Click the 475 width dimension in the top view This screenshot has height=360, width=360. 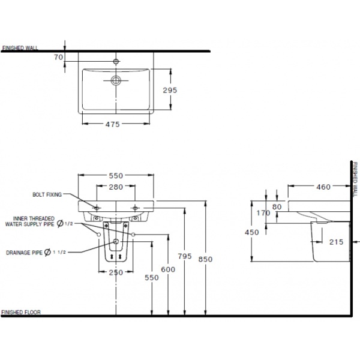click(114, 124)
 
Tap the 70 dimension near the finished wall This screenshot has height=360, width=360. click(58, 57)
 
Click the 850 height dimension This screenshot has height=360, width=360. click(205, 259)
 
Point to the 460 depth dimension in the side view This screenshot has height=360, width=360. click(324, 187)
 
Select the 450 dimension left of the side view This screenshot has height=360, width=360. click(252, 232)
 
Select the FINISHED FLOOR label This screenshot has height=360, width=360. click(20, 313)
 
